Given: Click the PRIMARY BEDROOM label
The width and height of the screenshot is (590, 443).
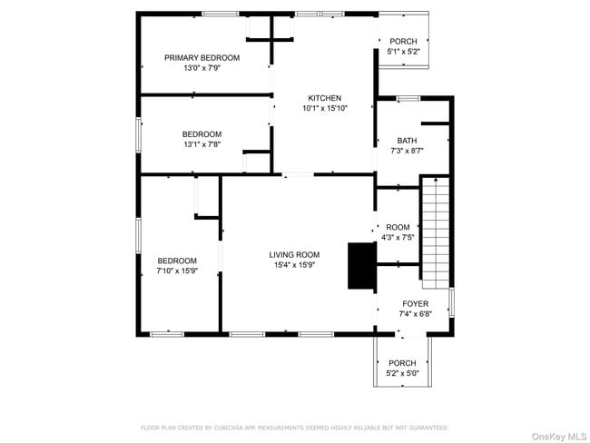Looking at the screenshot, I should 202,57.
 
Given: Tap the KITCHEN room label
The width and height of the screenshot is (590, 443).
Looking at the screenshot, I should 324,98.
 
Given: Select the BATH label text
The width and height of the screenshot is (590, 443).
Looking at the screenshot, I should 407,140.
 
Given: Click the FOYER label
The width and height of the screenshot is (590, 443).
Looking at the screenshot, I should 415,303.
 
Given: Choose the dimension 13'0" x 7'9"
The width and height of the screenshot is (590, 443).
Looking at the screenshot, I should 202,68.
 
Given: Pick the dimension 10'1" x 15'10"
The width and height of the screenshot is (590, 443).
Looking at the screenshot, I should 324,108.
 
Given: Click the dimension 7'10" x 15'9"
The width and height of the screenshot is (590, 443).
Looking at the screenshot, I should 177,270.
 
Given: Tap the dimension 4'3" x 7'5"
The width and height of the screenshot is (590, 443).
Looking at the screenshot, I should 398,238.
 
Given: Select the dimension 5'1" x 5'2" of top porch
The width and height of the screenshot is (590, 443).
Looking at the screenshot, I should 403,52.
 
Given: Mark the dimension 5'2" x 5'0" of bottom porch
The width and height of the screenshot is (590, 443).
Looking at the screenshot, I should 402,373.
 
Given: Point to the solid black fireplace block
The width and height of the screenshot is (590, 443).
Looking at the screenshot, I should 361,266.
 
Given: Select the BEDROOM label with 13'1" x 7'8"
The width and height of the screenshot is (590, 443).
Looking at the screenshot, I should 202,133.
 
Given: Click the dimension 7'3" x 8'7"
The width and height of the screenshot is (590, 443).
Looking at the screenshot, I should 407,151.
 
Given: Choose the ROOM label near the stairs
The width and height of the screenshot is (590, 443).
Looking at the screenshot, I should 398,227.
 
